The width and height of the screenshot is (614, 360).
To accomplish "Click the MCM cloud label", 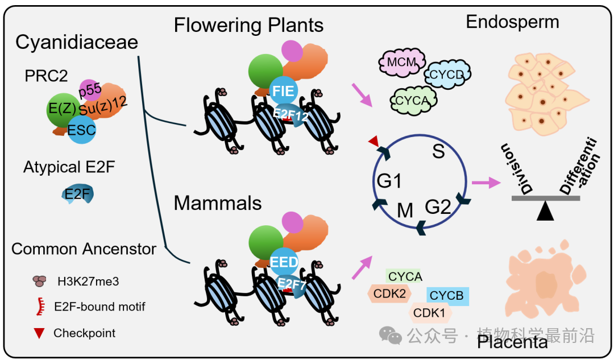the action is tap(402, 63).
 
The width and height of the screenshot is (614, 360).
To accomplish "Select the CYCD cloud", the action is tap(447, 74).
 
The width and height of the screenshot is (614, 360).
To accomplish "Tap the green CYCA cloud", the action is tap(413, 101).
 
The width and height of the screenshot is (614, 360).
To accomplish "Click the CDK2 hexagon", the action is tap(389, 293).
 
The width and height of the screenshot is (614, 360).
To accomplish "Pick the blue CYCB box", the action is tap(447, 296).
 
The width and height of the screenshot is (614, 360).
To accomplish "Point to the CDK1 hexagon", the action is tap(430, 313).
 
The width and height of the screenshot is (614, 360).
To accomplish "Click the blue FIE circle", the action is tap(284, 91).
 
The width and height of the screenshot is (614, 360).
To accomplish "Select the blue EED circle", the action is tap(284, 262).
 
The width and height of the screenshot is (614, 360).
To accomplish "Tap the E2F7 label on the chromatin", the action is tap(292, 283).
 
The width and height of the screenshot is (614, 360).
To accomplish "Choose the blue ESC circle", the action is tap(81, 130).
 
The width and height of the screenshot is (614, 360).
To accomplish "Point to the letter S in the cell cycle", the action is tap(438, 151).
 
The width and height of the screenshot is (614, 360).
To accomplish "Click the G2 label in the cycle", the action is tap(438, 206).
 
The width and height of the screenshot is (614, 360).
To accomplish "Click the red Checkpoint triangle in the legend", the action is tap(39, 333).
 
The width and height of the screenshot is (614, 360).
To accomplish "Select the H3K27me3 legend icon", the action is tap(39, 281).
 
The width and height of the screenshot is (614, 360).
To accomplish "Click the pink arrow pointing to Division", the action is tap(486, 183).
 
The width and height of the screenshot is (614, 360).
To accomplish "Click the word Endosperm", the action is tap(513, 22).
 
